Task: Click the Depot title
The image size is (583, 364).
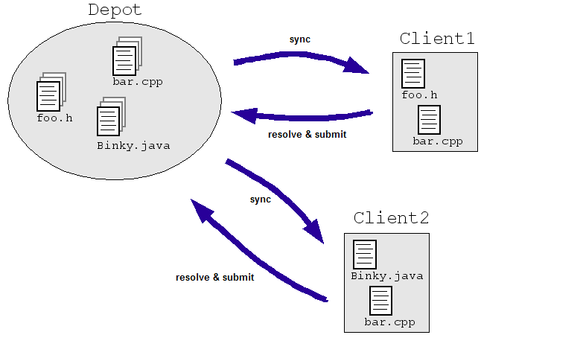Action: pyautogui.click(x=116, y=10)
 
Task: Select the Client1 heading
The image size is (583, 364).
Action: pyautogui.click(x=437, y=38)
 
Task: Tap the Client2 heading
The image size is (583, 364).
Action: pyautogui.click(x=391, y=218)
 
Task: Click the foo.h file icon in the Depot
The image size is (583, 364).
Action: pyautogui.click(x=49, y=95)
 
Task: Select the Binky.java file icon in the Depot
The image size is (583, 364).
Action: pyautogui.click(x=109, y=121)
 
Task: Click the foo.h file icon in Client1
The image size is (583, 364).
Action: pyautogui.click(x=412, y=74)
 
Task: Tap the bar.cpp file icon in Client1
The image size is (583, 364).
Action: pyautogui.click(x=430, y=120)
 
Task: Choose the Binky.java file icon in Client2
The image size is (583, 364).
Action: pyautogui.click(x=365, y=255)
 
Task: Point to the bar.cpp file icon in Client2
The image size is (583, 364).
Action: pyautogui.click(x=381, y=301)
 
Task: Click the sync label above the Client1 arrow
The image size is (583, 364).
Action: pyautogui.click(x=301, y=39)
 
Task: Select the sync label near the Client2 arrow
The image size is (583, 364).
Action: pyautogui.click(x=261, y=199)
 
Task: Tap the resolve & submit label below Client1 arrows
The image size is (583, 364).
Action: pyautogui.click(x=307, y=135)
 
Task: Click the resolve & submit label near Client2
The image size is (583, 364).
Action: pyautogui.click(x=214, y=277)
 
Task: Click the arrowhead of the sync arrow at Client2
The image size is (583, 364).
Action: pyautogui.click(x=316, y=233)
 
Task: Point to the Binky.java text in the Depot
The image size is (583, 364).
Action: pyautogui.click(x=133, y=145)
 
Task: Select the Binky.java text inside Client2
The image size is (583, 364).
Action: pyautogui.click(x=387, y=276)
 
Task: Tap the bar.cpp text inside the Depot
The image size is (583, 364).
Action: pyautogui.click(x=138, y=81)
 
